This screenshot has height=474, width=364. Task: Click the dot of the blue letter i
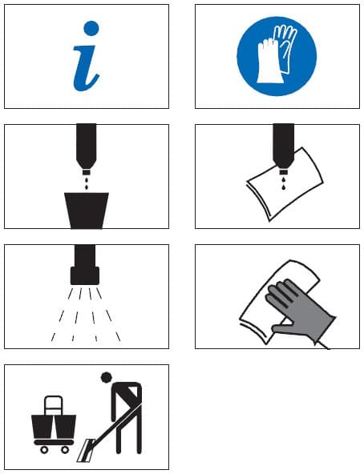pos(91,28)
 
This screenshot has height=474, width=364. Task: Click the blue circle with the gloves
pos(277,56)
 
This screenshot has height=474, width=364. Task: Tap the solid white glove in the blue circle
pos(269,62)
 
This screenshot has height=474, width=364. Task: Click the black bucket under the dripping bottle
pos(87,211)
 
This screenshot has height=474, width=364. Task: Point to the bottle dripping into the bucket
pos(87,149)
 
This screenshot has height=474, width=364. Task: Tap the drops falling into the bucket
pos(87,183)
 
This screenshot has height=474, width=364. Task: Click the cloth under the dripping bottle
pos(285,184)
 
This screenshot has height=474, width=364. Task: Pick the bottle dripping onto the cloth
pos(284,149)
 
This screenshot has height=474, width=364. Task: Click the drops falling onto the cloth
pos(284,183)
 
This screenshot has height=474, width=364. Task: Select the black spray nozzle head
pos(85,275)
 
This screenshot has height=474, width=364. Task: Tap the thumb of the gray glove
pos(282,327)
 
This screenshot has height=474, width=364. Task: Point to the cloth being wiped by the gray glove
pos(278,303)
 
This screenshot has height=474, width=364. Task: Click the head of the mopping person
pos(106,378)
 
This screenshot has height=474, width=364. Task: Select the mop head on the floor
pos(86,450)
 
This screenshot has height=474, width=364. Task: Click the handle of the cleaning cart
pos(54,405)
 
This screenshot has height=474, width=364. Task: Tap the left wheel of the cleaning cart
pos(44,450)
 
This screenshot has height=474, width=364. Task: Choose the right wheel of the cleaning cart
pos(65,450)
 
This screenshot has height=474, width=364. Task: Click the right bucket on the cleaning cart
pos(65,427)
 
